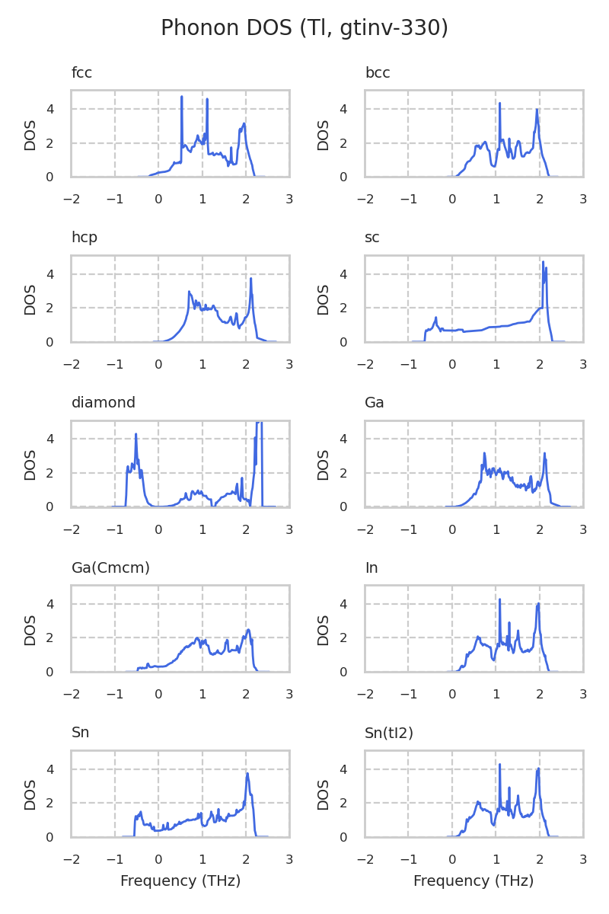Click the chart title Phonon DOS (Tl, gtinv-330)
pos(304,28)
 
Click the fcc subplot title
pos(81,73)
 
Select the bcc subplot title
pos(378,73)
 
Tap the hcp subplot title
pos(84,238)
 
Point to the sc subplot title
pos(372,238)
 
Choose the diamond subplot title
pos(104,403)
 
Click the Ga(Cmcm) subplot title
pos(110,567)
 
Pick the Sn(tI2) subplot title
pos(389,733)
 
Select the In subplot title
pos(371,567)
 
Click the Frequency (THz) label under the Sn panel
pos(180,881)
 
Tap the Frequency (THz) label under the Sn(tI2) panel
pos(473,881)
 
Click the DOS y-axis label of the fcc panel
pos(30,134)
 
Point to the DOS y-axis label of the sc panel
pos(324,299)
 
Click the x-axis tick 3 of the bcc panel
pos(583,199)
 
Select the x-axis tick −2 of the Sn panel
pos(72,859)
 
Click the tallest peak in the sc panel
pos(543,263)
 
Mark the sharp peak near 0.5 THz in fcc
pos(182,97)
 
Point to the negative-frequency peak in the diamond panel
pos(136,434)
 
